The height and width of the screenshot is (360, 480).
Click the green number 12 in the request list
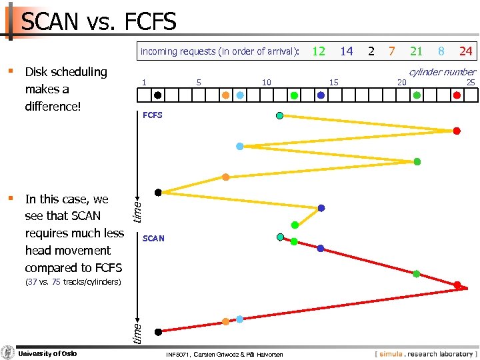319,51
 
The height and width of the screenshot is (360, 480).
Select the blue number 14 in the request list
347,51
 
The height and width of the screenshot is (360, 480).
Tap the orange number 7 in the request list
392,51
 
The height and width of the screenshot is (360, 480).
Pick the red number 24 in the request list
466,51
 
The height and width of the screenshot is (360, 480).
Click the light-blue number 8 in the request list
441,51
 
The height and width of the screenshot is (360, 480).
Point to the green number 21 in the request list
417,51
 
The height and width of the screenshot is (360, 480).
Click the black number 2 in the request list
371,51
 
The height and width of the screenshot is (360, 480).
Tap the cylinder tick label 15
334,82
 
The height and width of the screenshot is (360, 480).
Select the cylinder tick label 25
471,82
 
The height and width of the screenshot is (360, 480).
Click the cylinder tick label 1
144,82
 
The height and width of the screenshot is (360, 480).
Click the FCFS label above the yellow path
153,115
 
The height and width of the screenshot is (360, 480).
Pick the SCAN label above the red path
153,238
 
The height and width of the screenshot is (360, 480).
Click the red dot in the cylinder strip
457,95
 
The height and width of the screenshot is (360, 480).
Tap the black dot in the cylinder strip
157,95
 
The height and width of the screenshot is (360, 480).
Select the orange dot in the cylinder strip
225,95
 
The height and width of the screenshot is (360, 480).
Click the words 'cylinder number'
442,71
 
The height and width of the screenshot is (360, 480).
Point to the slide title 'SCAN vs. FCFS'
99,22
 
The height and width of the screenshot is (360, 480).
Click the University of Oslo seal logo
8,353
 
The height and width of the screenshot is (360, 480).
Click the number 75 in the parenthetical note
56,282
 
